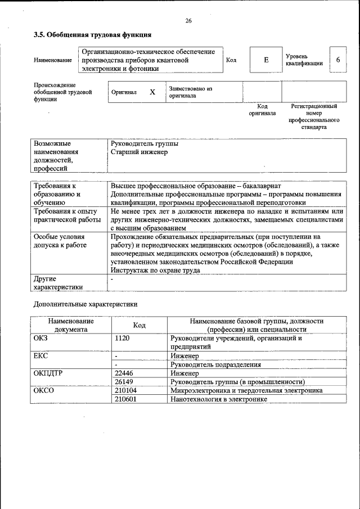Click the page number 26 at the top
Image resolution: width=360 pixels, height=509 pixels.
click(188, 21)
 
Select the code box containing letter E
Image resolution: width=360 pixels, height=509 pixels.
click(266, 60)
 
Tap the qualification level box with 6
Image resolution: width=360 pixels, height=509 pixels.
click(337, 60)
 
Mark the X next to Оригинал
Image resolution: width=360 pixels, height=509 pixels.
click(152, 92)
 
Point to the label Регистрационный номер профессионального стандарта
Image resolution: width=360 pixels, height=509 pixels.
click(314, 116)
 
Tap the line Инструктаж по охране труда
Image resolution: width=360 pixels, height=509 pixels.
click(156, 270)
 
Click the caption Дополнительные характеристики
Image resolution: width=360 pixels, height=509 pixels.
click(85, 304)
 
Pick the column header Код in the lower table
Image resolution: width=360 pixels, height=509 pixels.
click(139, 325)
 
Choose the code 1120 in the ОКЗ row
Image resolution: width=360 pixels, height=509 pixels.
click(122, 339)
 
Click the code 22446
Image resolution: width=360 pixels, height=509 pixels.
click(124, 373)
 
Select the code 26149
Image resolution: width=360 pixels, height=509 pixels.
click(124, 381)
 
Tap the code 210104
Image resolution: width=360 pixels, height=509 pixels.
click(125, 390)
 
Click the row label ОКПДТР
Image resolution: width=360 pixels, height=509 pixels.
click(49, 373)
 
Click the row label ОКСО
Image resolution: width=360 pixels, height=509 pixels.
click(44, 390)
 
